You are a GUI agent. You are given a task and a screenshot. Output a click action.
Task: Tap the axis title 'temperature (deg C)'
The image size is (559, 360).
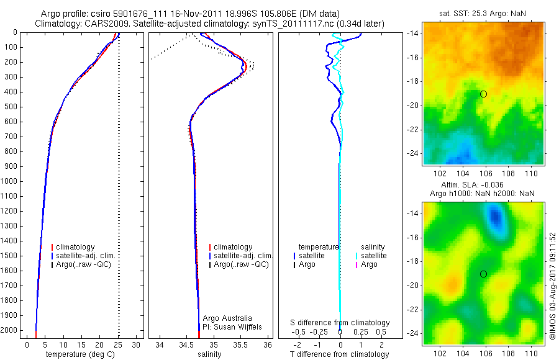click(81, 354)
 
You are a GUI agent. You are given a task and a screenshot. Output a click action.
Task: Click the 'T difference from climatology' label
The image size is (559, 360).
click(339, 354)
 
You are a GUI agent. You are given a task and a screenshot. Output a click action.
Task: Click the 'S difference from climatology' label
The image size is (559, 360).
click(340, 323)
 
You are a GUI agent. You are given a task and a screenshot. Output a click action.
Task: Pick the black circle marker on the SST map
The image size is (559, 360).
click(483, 94)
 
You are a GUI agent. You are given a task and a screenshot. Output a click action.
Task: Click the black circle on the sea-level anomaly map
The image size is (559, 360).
click(483, 274)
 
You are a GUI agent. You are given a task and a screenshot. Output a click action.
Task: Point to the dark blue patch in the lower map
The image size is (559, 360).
click(495, 217)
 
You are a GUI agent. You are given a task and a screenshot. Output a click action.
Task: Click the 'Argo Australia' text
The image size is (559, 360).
click(227, 318)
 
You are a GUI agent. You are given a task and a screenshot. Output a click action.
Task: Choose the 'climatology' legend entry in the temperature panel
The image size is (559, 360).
click(80, 247)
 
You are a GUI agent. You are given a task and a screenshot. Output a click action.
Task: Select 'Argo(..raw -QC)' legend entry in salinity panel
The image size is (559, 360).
click(241, 264)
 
